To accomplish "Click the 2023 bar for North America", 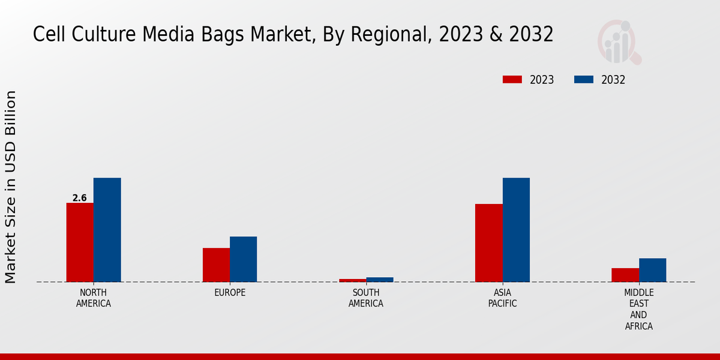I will pos(80,242).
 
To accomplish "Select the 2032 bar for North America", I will pos(107,230).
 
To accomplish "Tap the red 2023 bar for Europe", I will pos(216,265).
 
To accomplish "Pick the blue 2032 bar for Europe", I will pos(243,259).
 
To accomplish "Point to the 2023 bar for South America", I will pos(352,280).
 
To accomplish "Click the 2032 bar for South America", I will pos(380,280).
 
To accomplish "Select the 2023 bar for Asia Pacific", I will pos(488,243).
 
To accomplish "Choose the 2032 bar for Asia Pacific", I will pos(516,230).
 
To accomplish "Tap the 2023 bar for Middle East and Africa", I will pos(625,275).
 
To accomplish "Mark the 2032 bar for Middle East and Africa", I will pos(652,270).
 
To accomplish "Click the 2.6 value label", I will pos(79,198).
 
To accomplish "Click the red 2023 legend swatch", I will pos(512,80).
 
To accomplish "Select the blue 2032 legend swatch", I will pos(584,80).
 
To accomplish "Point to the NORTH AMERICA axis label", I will pos(94,298).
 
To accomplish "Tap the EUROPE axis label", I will pos(230,293).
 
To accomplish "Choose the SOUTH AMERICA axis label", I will pos(366,298).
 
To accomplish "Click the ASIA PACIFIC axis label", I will pos(502,298).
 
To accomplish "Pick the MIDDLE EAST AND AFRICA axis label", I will pos(638,310).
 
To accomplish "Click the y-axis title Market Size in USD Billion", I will pos(11,187).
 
